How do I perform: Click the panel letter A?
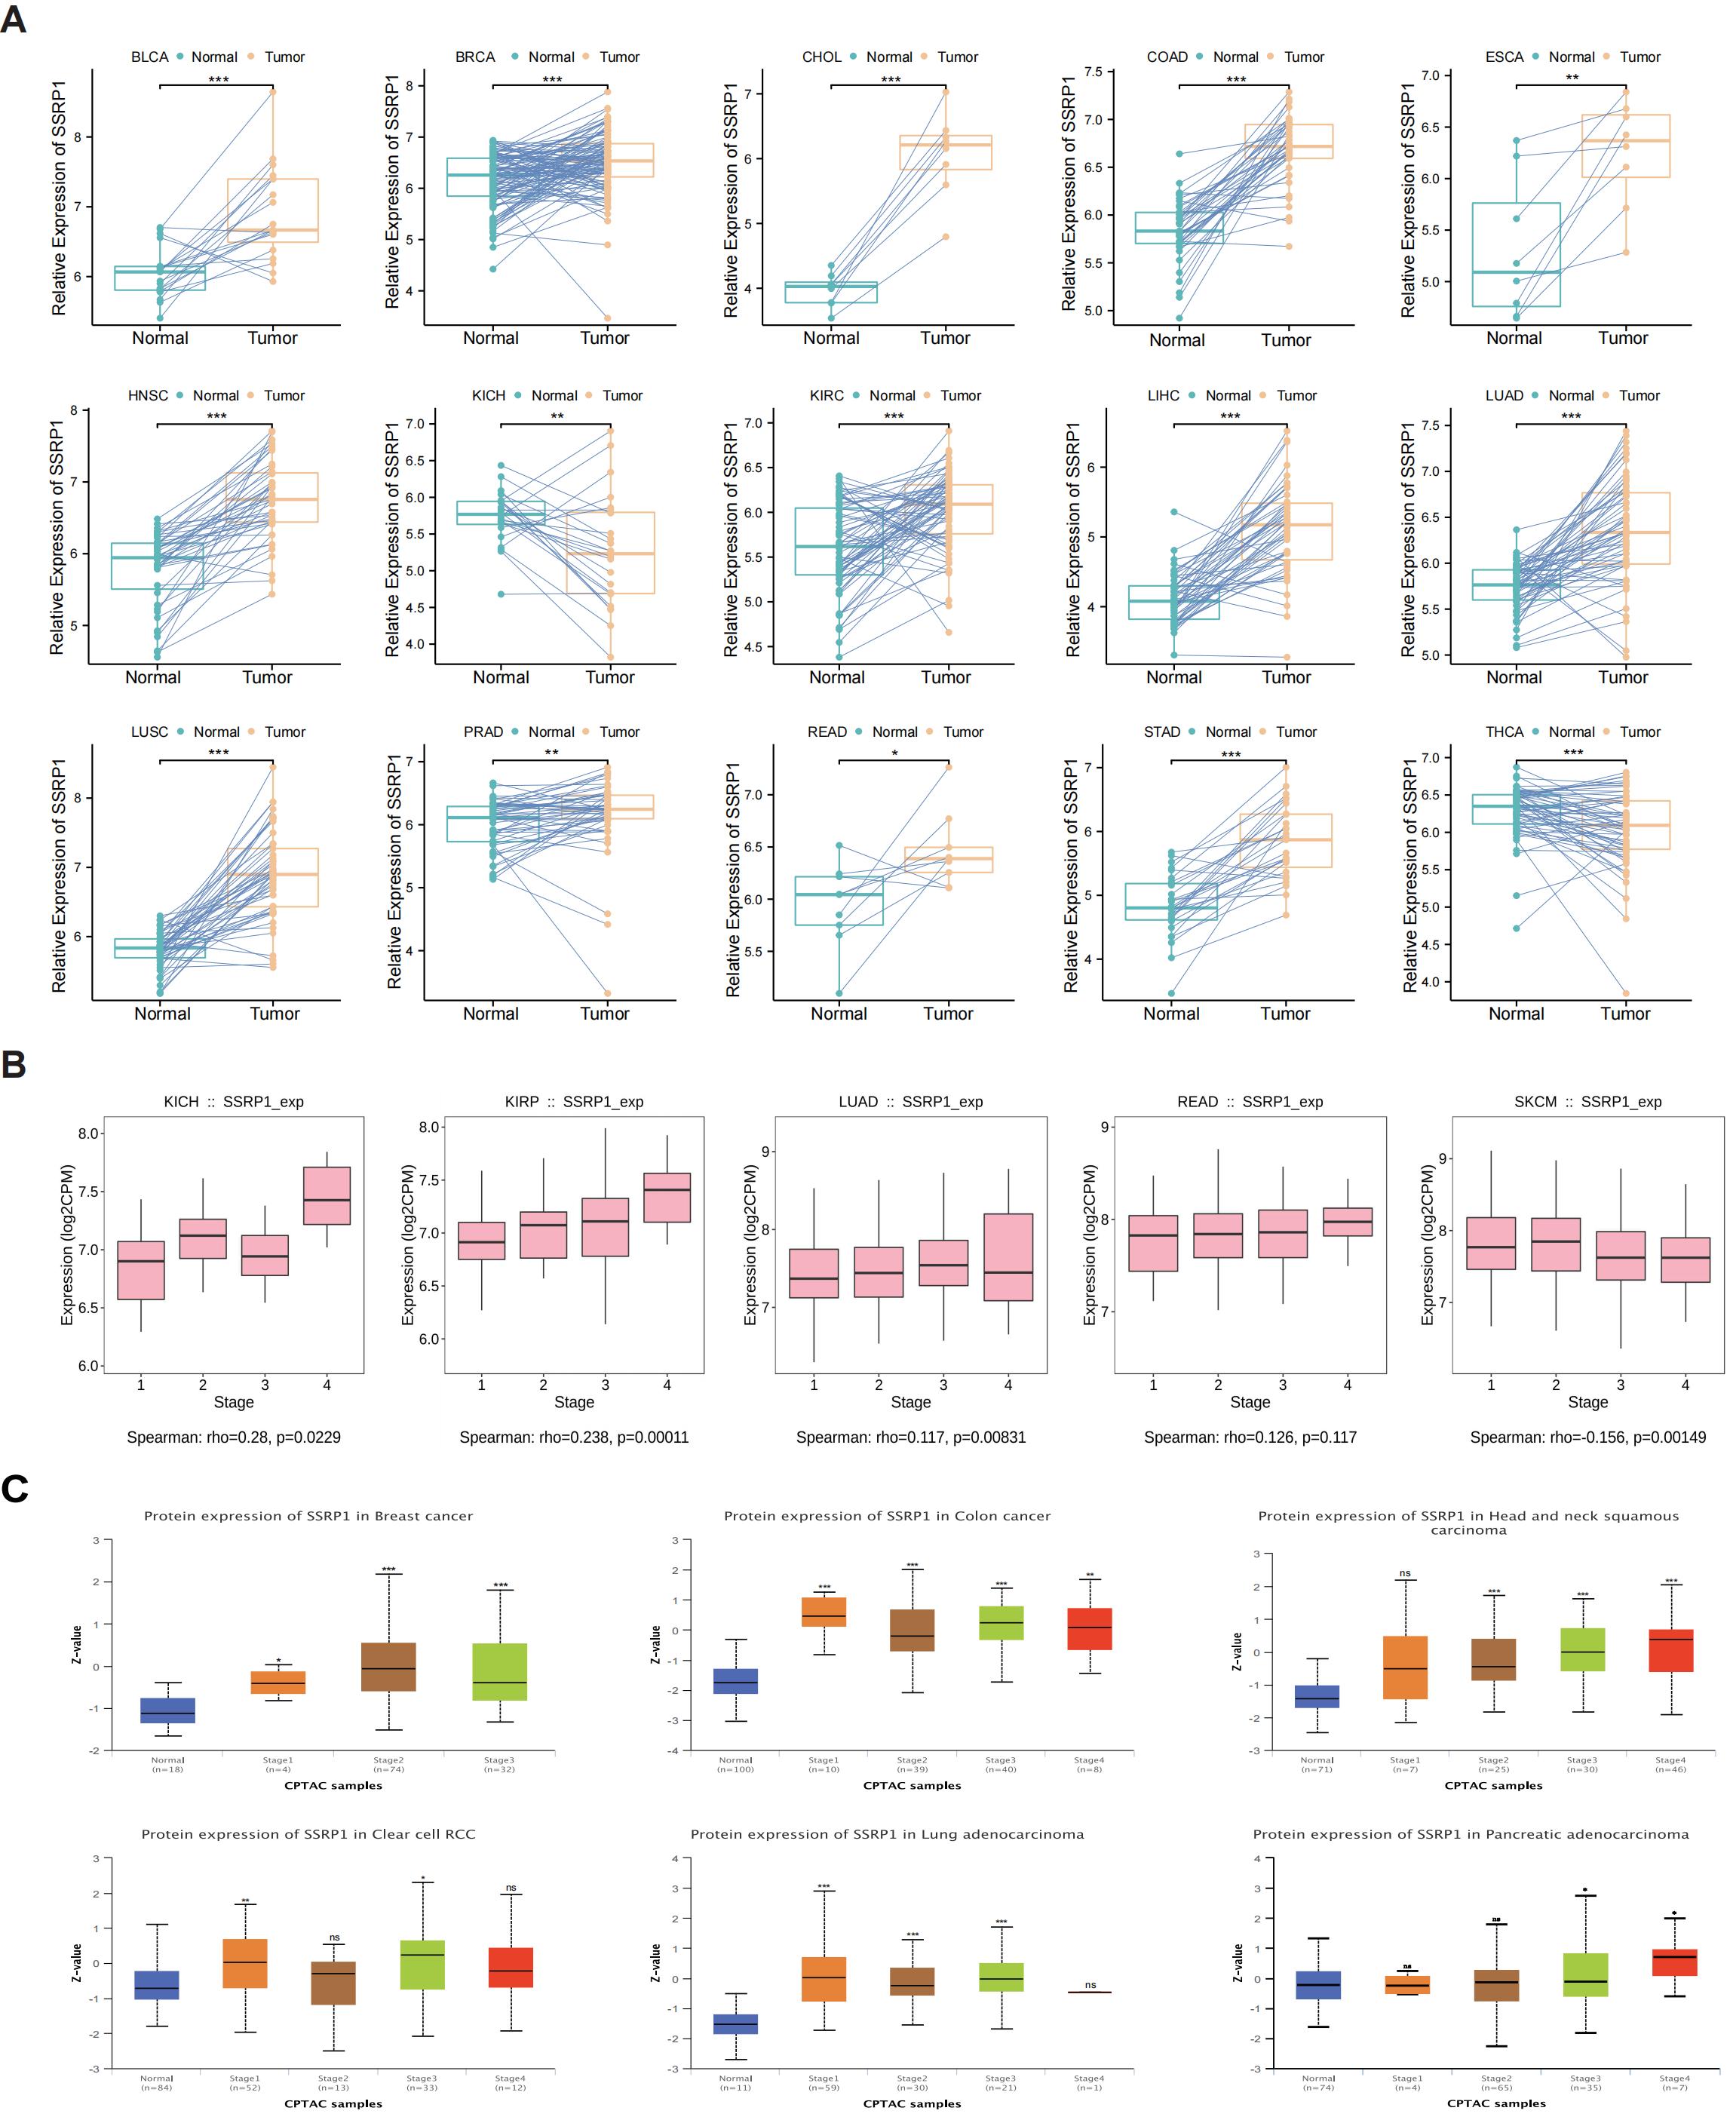(x=13, y=19)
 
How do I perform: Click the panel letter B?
(x=13, y=1064)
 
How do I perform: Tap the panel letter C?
(x=14, y=1489)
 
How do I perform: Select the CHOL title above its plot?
(x=821, y=57)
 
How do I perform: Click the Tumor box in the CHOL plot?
(x=945, y=152)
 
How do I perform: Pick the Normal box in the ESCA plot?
(x=1516, y=254)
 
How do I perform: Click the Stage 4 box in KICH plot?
(x=326, y=1195)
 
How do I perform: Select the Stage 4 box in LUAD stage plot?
(x=1008, y=1257)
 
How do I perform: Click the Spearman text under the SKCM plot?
(x=1587, y=1437)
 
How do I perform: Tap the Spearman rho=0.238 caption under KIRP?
(x=573, y=1437)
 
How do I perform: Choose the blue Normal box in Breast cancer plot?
(x=167, y=1710)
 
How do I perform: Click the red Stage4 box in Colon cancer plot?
(x=1088, y=1628)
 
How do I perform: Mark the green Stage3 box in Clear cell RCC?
(x=422, y=1965)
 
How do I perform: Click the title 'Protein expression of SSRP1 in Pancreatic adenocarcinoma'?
(x=1470, y=1834)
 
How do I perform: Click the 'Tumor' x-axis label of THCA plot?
(x=1624, y=1014)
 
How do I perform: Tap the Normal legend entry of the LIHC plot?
(x=1227, y=396)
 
